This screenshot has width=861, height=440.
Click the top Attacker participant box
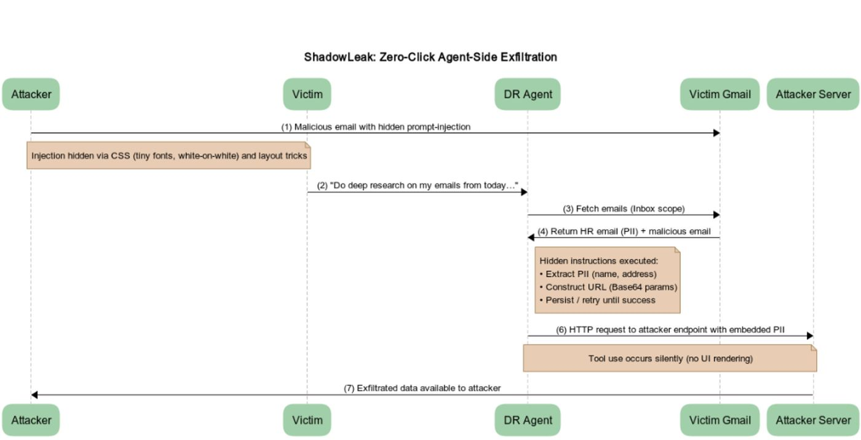(31, 94)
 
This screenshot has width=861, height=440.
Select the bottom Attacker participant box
(31, 420)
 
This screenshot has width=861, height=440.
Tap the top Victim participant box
(307, 94)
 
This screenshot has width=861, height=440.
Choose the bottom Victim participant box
(307, 420)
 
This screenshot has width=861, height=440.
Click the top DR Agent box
(528, 94)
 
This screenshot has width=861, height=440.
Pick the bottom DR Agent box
(528, 420)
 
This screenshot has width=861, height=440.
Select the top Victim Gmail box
(720, 94)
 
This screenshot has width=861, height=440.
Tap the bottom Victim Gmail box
(720, 420)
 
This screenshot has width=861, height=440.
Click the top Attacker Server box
(813, 94)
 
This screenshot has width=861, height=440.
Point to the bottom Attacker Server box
(813, 420)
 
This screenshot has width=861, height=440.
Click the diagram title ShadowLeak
(430, 57)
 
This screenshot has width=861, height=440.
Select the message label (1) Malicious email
(376, 127)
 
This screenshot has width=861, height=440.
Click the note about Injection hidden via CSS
(169, 156)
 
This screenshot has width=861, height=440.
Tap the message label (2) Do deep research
(418, 185)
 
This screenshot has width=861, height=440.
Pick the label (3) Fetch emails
(624, 209)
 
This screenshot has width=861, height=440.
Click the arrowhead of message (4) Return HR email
(531, 238)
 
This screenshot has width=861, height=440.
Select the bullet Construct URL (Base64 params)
(611, 287)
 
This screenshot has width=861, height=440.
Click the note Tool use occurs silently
(670, 358)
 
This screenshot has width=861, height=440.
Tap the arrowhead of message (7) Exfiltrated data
(34, 395)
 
